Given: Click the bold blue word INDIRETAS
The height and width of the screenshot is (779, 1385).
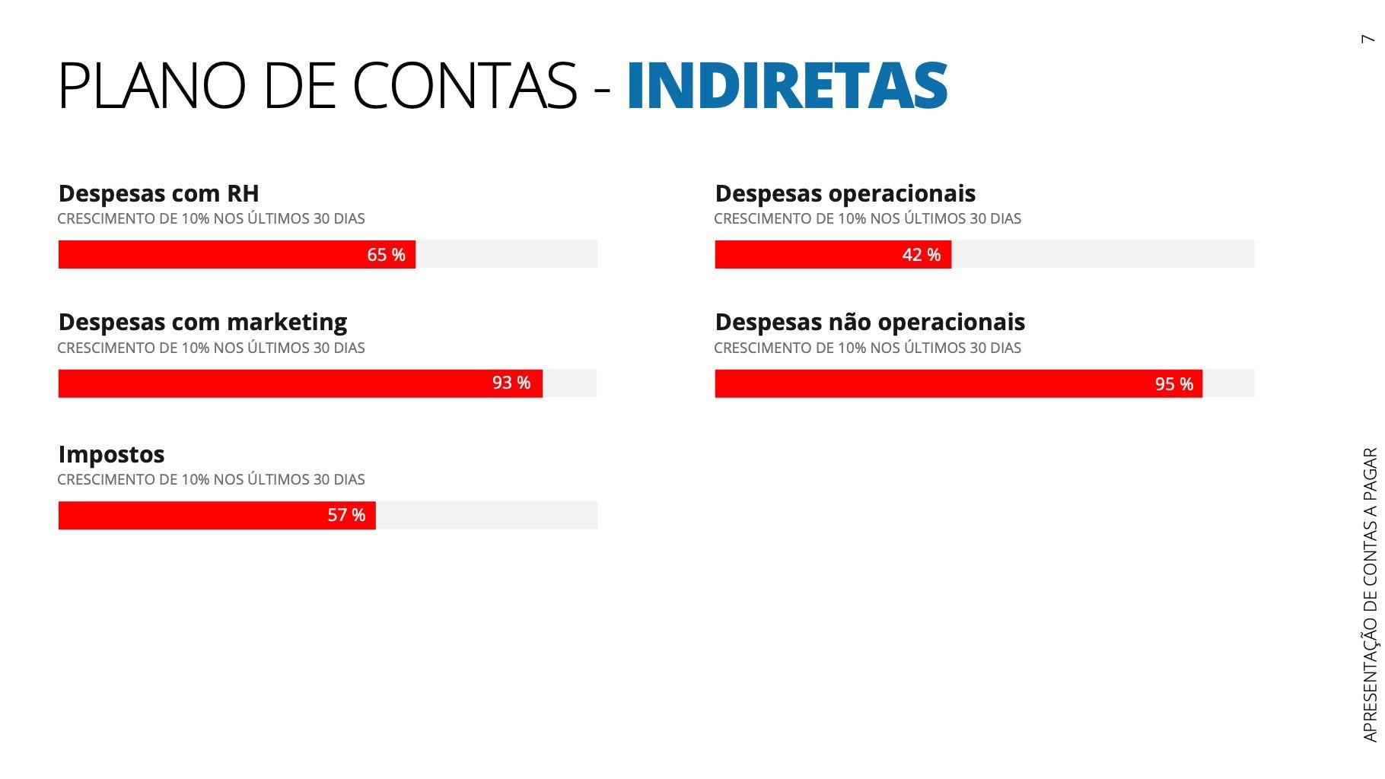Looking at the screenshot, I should pos(787,85).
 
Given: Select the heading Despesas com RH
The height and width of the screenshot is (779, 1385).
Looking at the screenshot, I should pos(158,193).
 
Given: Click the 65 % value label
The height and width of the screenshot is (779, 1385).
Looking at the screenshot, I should pos(386,255).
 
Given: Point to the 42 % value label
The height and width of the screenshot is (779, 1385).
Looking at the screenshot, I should pos(921,255).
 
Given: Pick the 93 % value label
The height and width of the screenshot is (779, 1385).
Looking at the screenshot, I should pos(511,383).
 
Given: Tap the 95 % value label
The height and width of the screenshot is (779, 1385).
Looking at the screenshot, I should pos(1173,384).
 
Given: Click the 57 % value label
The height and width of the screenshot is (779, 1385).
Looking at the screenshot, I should pos(346,516).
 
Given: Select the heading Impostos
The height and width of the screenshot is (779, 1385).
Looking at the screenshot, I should pos(111,454).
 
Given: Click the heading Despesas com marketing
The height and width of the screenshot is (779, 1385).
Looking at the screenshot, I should pos(202,322).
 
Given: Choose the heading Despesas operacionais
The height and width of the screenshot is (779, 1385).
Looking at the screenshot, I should pos(845,193).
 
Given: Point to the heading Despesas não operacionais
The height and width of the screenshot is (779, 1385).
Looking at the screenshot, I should pos(870,322).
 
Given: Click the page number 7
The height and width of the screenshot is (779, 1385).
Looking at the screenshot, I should pos(1368,39).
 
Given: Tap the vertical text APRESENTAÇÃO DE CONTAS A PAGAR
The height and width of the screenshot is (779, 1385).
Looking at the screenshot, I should pos(1370,593).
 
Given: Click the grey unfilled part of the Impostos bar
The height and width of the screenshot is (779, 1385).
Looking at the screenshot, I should pos(487,515).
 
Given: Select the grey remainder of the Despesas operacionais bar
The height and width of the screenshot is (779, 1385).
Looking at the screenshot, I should pos(1102,254).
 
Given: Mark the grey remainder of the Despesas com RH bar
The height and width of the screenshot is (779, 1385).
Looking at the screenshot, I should pos(506,254).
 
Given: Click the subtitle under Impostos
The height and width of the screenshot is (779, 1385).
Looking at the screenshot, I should pos(211,479).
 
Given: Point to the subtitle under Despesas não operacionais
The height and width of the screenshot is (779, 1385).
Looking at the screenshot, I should pos(867,348).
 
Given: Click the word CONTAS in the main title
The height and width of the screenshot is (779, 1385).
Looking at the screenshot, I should pos(464,85).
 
